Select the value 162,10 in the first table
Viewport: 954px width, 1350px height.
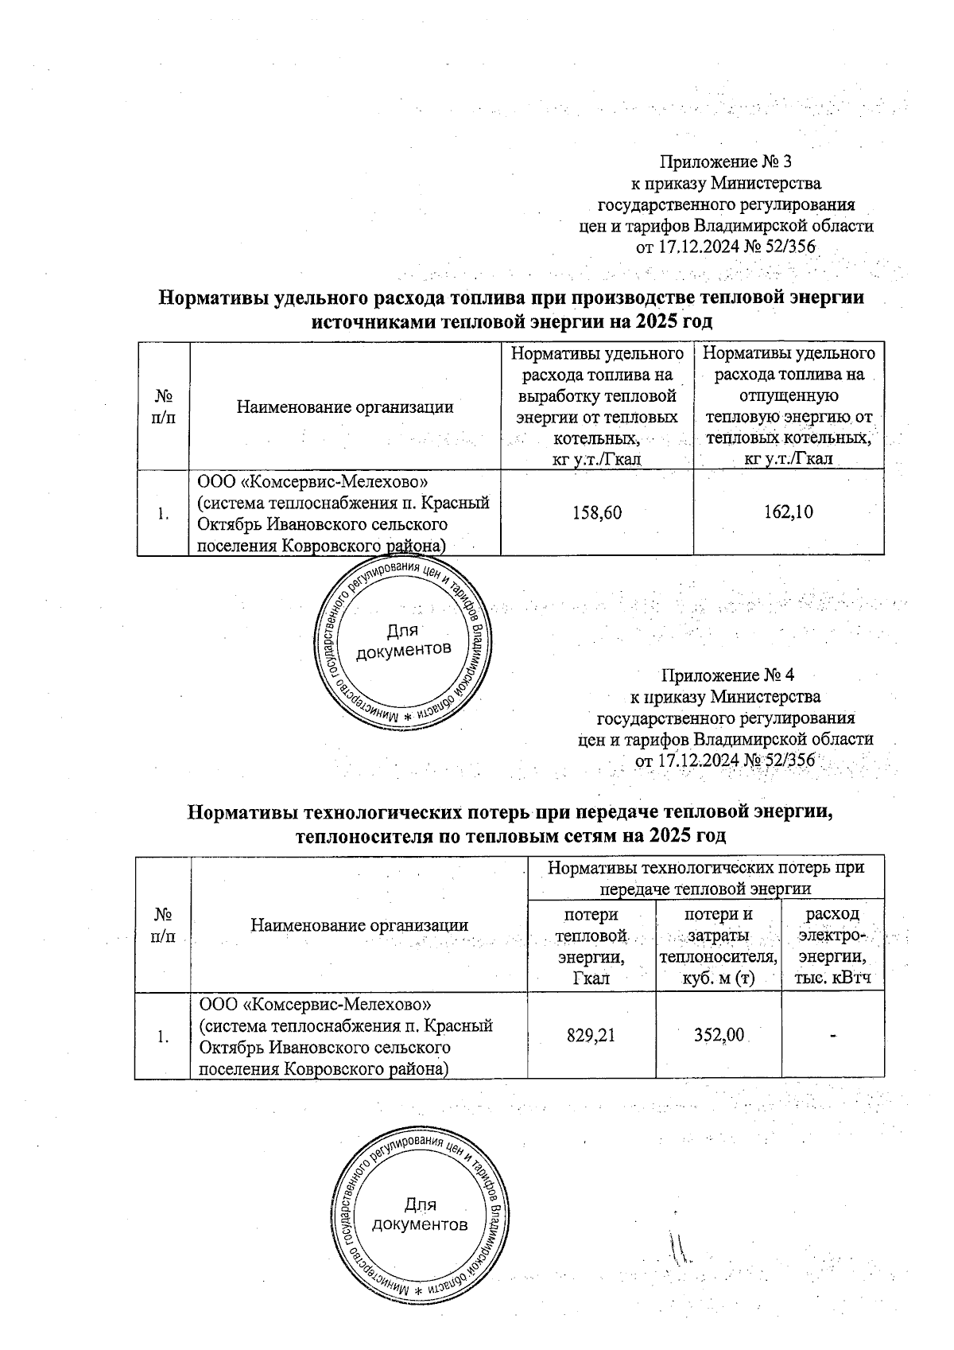pyautogui.click(x=788, y=513)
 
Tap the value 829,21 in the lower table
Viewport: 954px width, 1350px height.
pyautogui.click(x=591, y=1035)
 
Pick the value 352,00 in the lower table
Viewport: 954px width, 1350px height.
pyautogui.click(x=718, y=1035)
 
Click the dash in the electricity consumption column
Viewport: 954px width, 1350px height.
pyautogui.click(x=833, y=1035)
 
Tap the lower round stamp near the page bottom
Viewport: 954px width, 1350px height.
pyautogui.click(x=420, y=1215)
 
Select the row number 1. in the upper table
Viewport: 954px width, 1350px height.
pyautogui.click(x=163, y=514)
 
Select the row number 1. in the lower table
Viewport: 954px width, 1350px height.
pyautogui.click(x=163, y=1036)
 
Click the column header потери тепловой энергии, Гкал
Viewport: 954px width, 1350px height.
pyautogui.click(x=591, y=947)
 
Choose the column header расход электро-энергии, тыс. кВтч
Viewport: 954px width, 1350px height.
pyautogui.click(x=833, y=947)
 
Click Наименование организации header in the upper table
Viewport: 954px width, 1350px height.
pyautogui.click(x=344, y=407)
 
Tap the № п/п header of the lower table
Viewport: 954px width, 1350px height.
pyautogui.click(x=163, y=924)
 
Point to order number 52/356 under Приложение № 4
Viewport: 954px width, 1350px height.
pyautogui.click(x=788, y=761)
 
